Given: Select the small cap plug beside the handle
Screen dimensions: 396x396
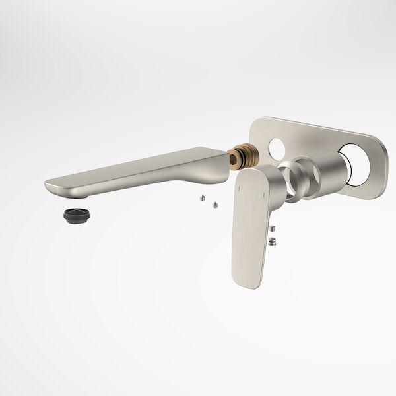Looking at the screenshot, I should point(273,229).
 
